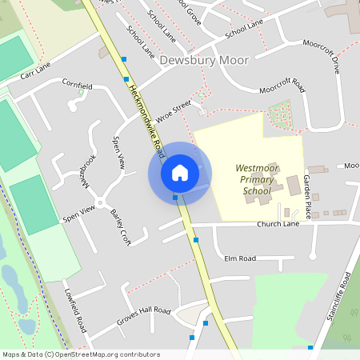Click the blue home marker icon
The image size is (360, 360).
pos(180,172)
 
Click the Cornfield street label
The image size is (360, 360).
pos(78,85)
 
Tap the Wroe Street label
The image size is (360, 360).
pos(174,110)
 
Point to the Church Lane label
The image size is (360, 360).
pos(277,225)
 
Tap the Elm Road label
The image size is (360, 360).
pos(240,258)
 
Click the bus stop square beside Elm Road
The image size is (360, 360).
pos(196,239)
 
